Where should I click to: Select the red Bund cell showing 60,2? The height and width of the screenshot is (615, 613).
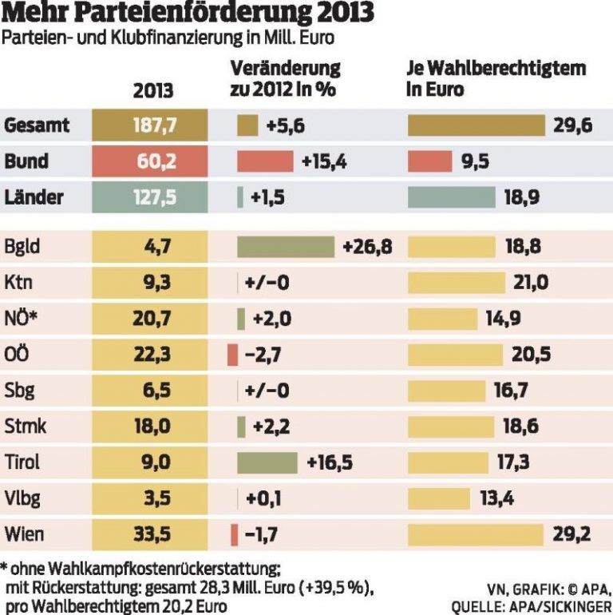click(152, 161)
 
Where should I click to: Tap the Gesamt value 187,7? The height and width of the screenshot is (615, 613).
click(152, 125)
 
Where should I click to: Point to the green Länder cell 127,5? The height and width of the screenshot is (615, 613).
click(152, 197)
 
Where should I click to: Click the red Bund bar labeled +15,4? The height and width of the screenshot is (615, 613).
click(265, 161)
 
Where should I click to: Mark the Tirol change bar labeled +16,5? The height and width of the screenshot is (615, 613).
click(267, 462)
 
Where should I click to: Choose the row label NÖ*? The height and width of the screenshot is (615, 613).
click(22, 319)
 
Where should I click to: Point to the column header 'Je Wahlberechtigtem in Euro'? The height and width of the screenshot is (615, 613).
click(496, 78)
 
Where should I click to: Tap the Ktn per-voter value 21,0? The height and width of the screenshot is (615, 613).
click(532, 283)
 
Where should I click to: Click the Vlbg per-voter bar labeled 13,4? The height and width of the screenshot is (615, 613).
click(440, 498)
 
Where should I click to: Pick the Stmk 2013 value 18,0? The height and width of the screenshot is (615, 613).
click(152, 427)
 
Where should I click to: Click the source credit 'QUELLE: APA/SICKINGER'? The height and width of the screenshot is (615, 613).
click(532, 606)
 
